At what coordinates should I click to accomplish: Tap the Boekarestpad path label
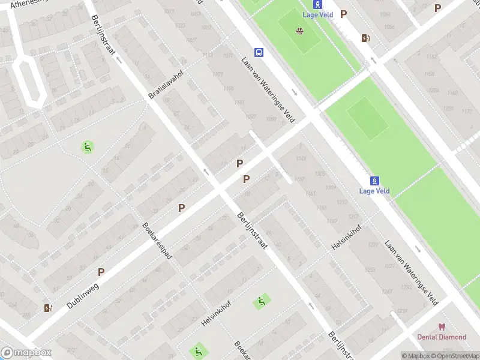[157, 241]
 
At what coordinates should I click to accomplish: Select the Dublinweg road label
[82, 296]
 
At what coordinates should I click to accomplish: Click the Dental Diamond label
[442, 337]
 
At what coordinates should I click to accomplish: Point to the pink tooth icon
[442, 327]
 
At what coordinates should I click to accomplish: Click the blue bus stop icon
[259, 52]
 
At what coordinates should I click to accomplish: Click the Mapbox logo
[26, 353]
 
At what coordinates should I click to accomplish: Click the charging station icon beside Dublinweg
[48, 308]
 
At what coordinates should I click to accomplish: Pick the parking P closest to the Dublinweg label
[101, 272]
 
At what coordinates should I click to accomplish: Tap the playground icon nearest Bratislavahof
[88, 146]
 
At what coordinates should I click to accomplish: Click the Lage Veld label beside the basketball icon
[317, 14]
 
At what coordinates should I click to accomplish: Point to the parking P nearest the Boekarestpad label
[181, 208]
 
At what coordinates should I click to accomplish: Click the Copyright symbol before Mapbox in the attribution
[404, 356]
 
